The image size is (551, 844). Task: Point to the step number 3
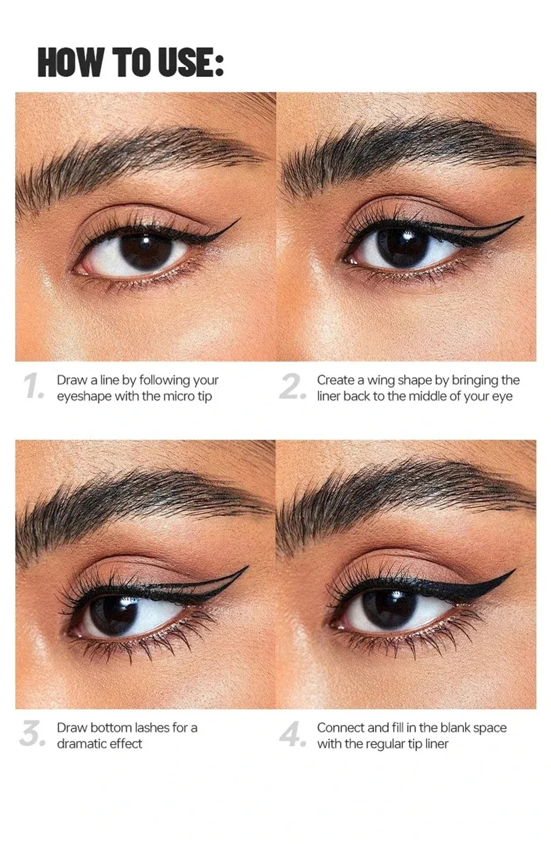[x=31, y=735]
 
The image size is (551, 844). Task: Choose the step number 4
[x=292, y=735]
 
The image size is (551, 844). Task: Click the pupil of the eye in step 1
[x=144, y=249]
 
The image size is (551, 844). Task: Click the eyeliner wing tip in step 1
[x=240, y=220]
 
